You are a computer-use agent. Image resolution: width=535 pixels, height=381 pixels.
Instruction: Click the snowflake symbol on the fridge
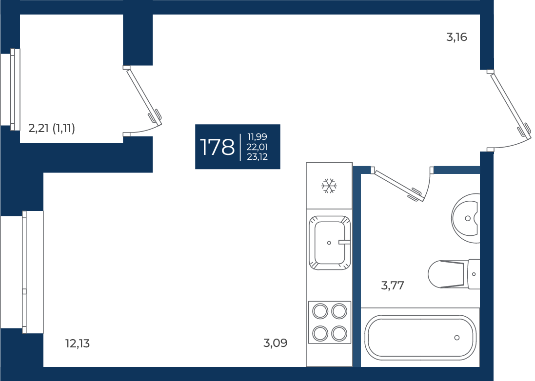point(329,186)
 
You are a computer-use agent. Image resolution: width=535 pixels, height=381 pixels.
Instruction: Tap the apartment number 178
point(217,147)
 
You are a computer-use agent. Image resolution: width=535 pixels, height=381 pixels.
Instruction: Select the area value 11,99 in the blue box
point(258,136)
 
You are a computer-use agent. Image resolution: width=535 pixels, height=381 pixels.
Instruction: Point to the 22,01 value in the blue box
point(258,147)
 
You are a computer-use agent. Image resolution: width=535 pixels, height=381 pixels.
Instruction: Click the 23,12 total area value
point(258,157)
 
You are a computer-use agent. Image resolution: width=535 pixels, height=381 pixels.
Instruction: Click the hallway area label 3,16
point(456,37)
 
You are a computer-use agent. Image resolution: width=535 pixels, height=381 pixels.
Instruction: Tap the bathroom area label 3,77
point(393,285)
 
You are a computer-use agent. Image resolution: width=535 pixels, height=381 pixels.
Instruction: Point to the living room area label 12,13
point(78,343)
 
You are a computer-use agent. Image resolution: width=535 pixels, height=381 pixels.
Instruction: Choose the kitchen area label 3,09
point(276,343)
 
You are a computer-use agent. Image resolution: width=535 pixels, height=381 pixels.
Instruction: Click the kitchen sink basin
point(330,243)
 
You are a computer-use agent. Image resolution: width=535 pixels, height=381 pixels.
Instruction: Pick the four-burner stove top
point(330,322)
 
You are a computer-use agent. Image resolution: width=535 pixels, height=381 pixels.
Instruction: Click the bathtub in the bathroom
point(420,337)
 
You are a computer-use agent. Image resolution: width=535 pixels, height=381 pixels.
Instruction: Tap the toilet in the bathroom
point(454,274)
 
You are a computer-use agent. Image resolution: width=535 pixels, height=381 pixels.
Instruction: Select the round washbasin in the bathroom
point(466,218)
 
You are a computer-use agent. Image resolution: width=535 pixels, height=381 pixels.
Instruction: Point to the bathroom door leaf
point(398,186)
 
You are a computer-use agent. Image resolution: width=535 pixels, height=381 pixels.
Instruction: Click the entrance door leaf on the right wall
point(511,106)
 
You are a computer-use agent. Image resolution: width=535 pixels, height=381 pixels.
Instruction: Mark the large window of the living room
point(33,272)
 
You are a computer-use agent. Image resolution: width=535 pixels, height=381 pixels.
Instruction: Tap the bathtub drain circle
point(457,338)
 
